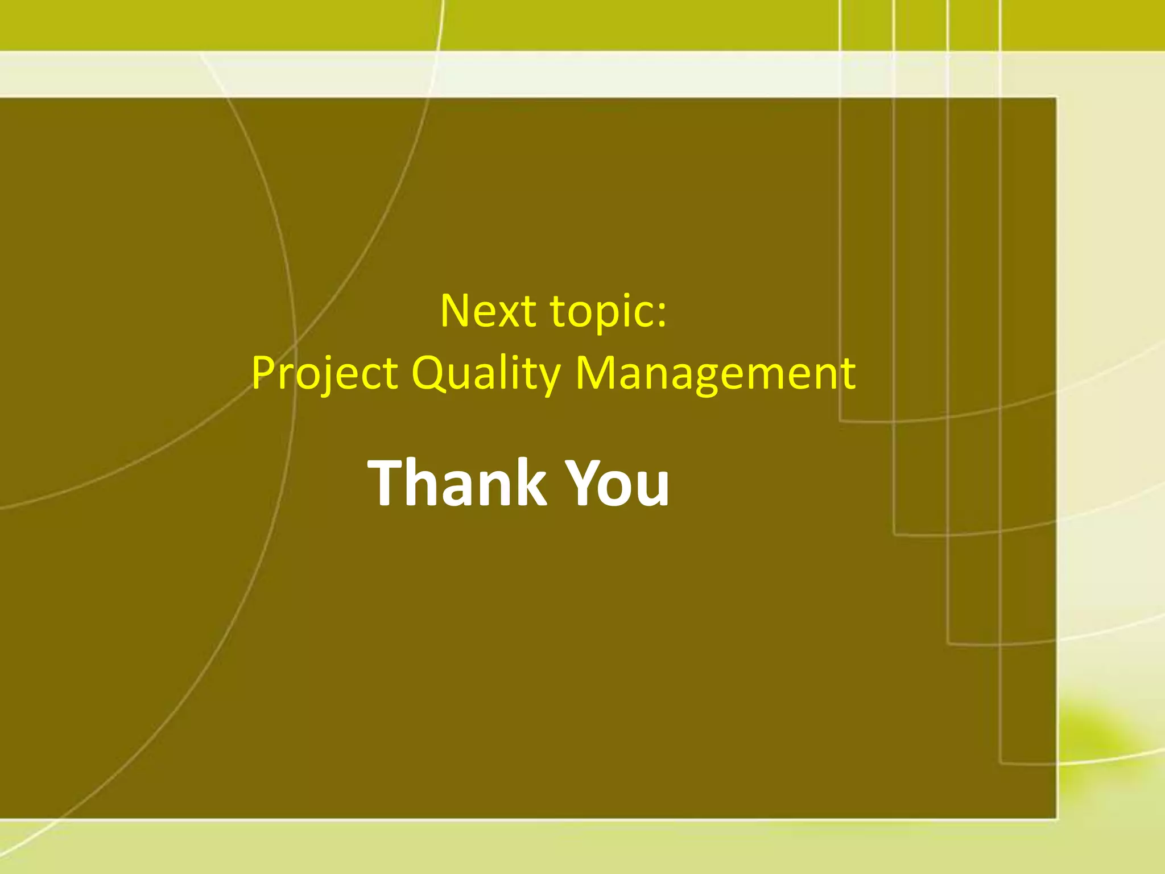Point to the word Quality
pos(486,373)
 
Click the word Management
pos(715,373)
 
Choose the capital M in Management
pos(597,372)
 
